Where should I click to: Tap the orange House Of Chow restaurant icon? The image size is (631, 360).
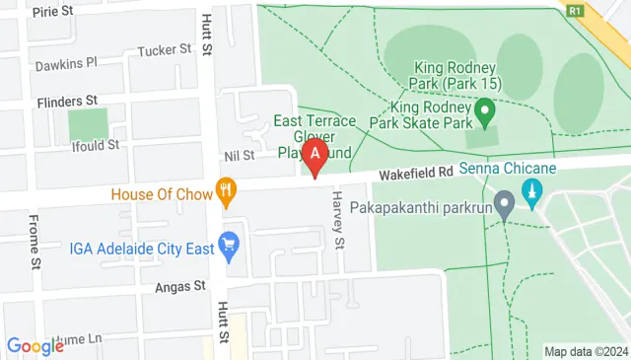coord(227,191)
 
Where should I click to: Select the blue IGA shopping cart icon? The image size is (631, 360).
coord(230,245)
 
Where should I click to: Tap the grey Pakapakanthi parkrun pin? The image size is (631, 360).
coord(505,206)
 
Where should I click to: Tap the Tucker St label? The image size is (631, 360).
coord(165,49)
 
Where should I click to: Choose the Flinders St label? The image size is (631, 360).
coord(66,101)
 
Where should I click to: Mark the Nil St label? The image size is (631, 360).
coord(240,155)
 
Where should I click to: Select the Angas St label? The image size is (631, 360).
coord(178,286)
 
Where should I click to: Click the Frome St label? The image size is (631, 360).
coord(34,242)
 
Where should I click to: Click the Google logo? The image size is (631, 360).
coord(35,345)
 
